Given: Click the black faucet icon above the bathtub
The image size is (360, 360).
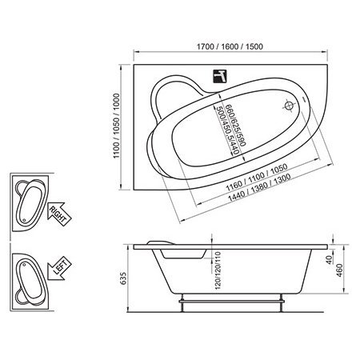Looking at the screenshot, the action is (x=220, y=76).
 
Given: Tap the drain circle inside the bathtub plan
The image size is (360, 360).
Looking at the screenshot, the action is (x=289, y=106).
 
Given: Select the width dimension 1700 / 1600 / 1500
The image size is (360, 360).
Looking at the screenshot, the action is (x=230, y=46).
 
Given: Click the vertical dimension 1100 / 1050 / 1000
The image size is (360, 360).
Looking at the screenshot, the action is (x=117, y=126).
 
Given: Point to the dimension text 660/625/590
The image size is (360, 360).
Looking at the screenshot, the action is (x=235, y=125).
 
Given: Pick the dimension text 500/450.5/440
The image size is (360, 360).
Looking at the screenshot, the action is (x=227, y=130).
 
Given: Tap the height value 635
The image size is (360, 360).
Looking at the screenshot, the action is (x=124, y=278).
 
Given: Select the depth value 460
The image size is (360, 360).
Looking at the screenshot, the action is (x=339, y=270).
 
